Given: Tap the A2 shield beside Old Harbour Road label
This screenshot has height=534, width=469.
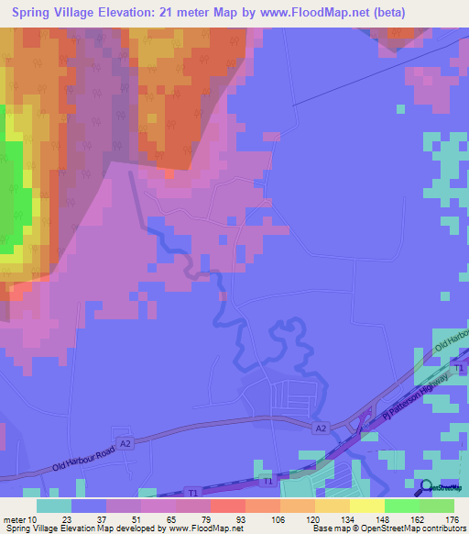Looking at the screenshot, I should click(x=125, y=442).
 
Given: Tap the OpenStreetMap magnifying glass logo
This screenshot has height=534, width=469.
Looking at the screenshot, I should click(x=425, y=487).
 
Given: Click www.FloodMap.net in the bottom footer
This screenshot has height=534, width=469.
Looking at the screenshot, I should click(x=202, y=528).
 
